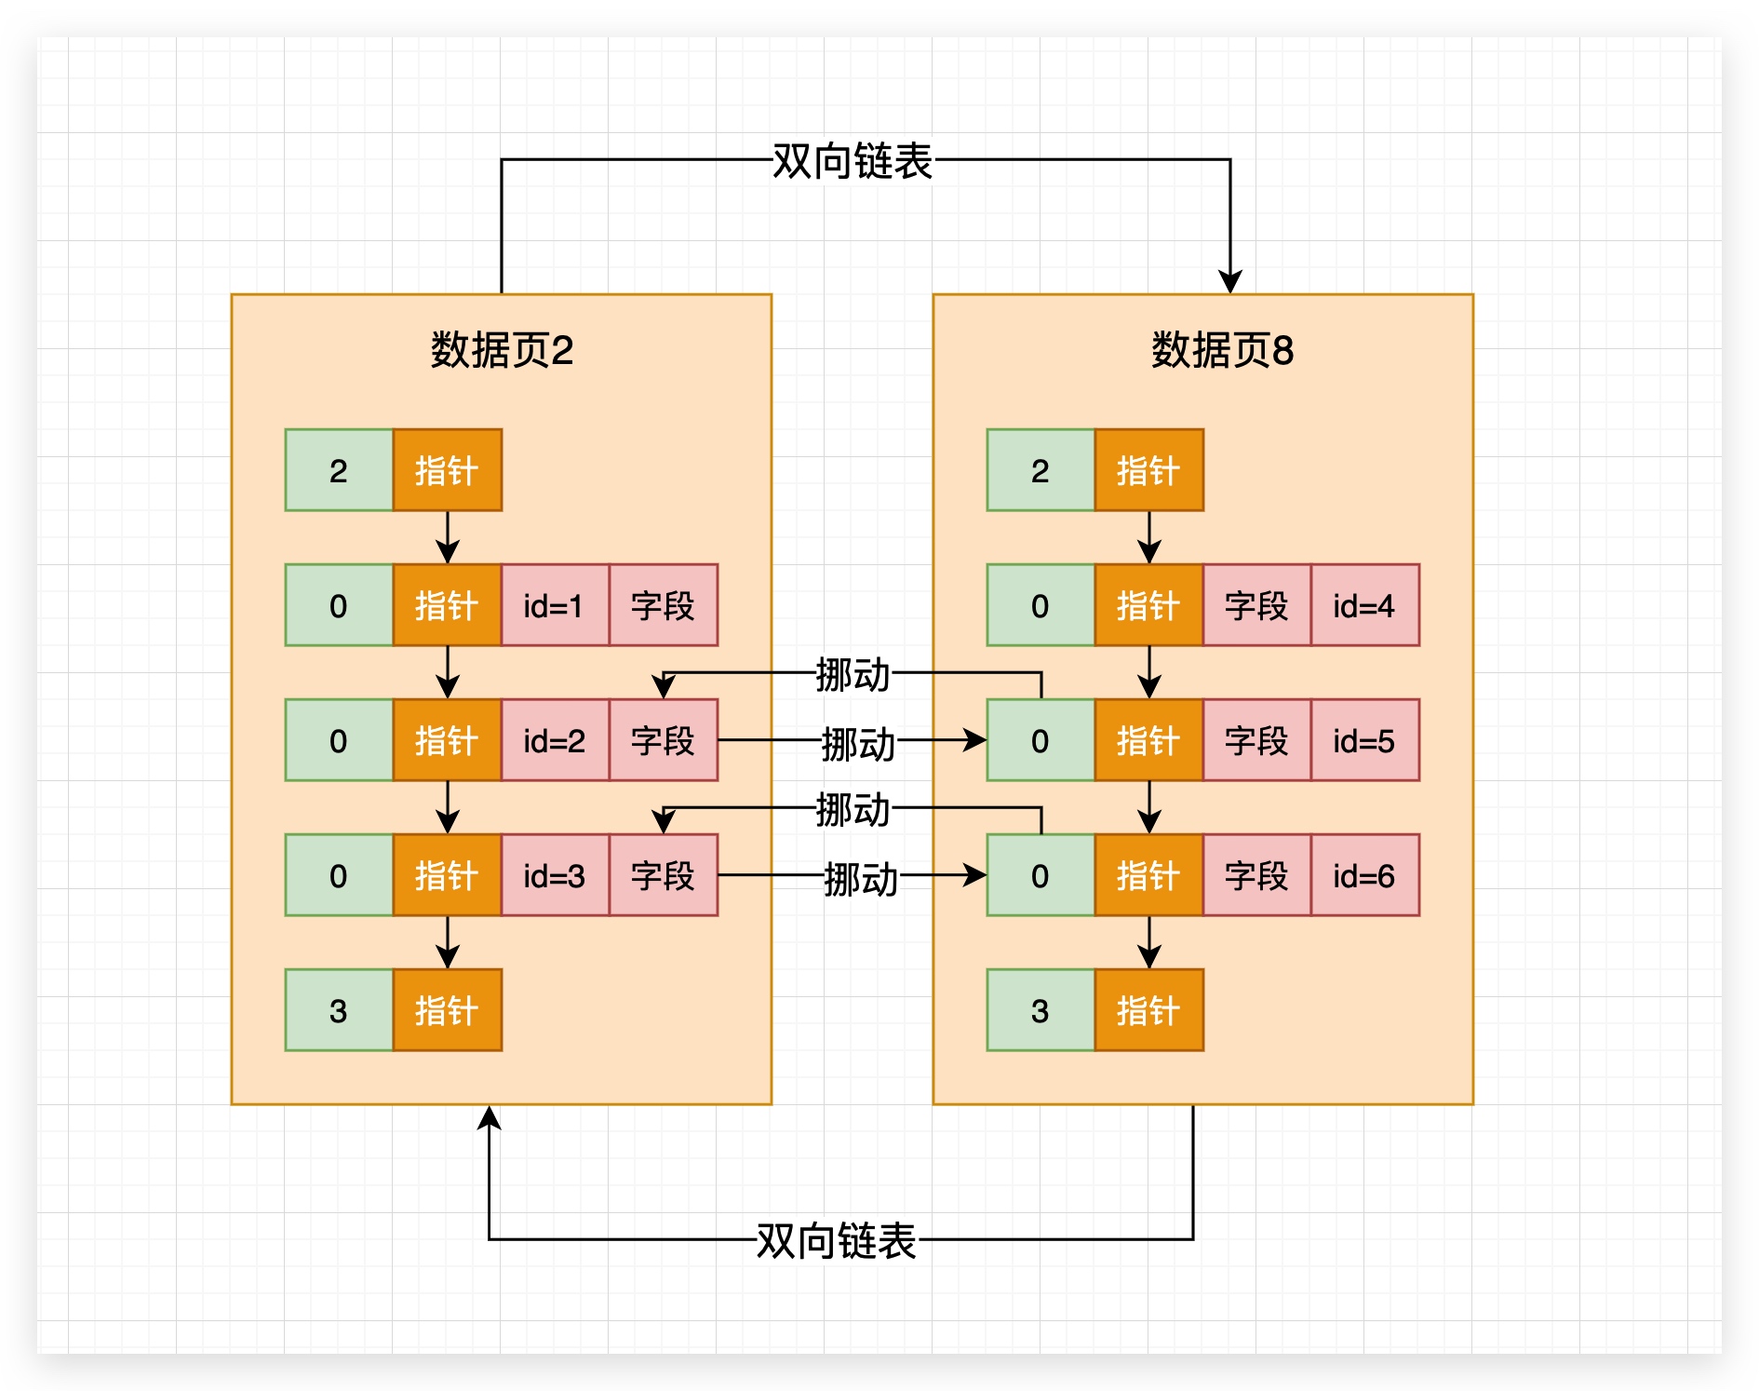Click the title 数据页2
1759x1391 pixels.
tap(502, 351)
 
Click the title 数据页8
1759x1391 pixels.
tap(1222, 351)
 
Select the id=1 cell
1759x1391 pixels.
tap(555, 605)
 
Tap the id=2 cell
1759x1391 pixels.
tap(555, 740)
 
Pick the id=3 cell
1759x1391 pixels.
tap(555, 875)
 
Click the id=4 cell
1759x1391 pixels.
tap(1364, 605)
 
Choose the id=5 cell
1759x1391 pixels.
tap(1364, 740)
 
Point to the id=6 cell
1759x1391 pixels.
tap(1364, 875)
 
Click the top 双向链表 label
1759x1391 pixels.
tap(852, 161)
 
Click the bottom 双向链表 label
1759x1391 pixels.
tap(836, 1241)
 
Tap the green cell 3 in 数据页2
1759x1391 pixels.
tap(339, 1010)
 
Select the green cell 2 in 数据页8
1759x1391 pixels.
tap(1041, 470)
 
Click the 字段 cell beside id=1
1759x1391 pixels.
tap(663, 605)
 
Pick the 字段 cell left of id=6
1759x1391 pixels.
tap(1256, 875)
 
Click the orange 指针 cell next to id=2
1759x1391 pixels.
tap(447, 740)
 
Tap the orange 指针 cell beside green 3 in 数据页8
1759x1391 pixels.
tap(1148, 1010)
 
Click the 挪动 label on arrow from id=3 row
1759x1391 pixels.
tap(860, 878)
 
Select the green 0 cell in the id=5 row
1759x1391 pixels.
tap(1041, 740)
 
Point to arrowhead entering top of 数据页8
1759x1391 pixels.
tap(1230, 282)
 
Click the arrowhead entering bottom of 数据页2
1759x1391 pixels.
tap(490, 1118)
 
